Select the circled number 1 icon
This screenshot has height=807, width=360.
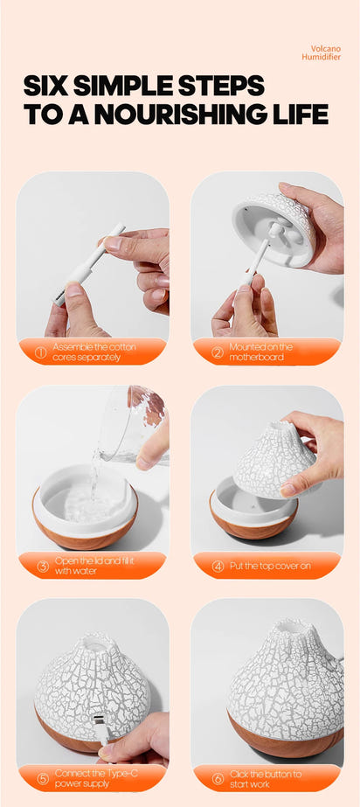[39, 352]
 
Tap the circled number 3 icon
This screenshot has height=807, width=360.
[42, 566]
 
